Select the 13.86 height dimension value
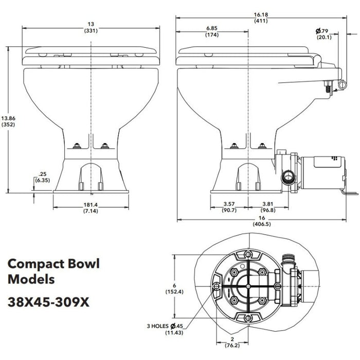[x=8, y=118]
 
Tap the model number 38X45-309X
[x=49, y=301]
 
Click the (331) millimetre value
[x=91, y=30]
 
